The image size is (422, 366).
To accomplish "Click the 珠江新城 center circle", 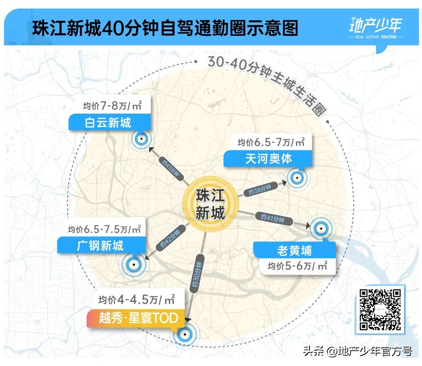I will (x=210, y=203).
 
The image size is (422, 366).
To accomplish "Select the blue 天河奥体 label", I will (x=268, y=158).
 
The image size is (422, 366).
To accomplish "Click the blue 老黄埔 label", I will (x=294, y=250).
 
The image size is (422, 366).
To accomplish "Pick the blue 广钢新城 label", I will (x=101, y=245).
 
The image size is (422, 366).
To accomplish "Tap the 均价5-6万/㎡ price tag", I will (x=297, y=266).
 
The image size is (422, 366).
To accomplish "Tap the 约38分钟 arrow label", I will (x=260, y=189).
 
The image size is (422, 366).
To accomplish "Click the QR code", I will (x=380, y=309).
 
